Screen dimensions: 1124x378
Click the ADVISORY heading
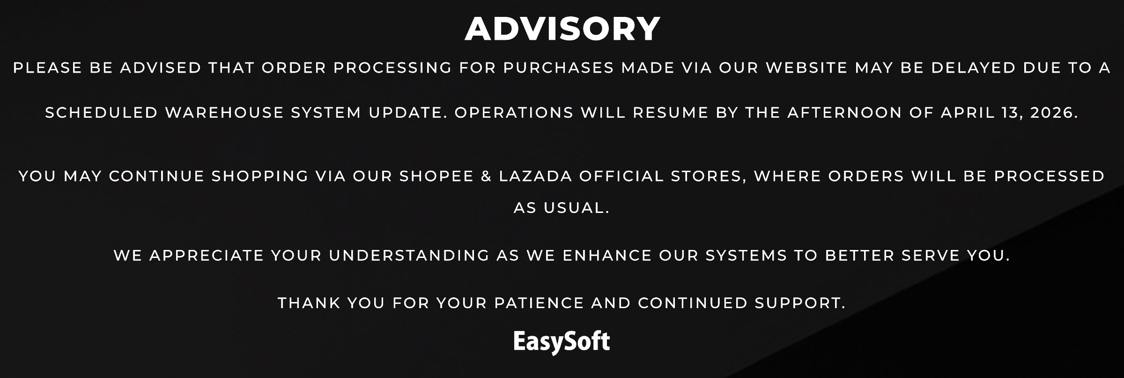pos(562,29)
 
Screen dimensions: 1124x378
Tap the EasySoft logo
pos(562,342)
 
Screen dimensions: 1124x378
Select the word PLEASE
pos(48,68)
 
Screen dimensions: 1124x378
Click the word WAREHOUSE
pos(225,113)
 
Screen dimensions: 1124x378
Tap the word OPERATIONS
pos(514,113)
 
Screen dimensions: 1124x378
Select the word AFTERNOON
pos(845,113)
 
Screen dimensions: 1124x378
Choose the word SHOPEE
pos(436,176)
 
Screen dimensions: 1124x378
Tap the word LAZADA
pos(536,176)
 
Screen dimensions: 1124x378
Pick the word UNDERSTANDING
pos(409,256)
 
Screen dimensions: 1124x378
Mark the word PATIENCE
pos(540,303)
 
